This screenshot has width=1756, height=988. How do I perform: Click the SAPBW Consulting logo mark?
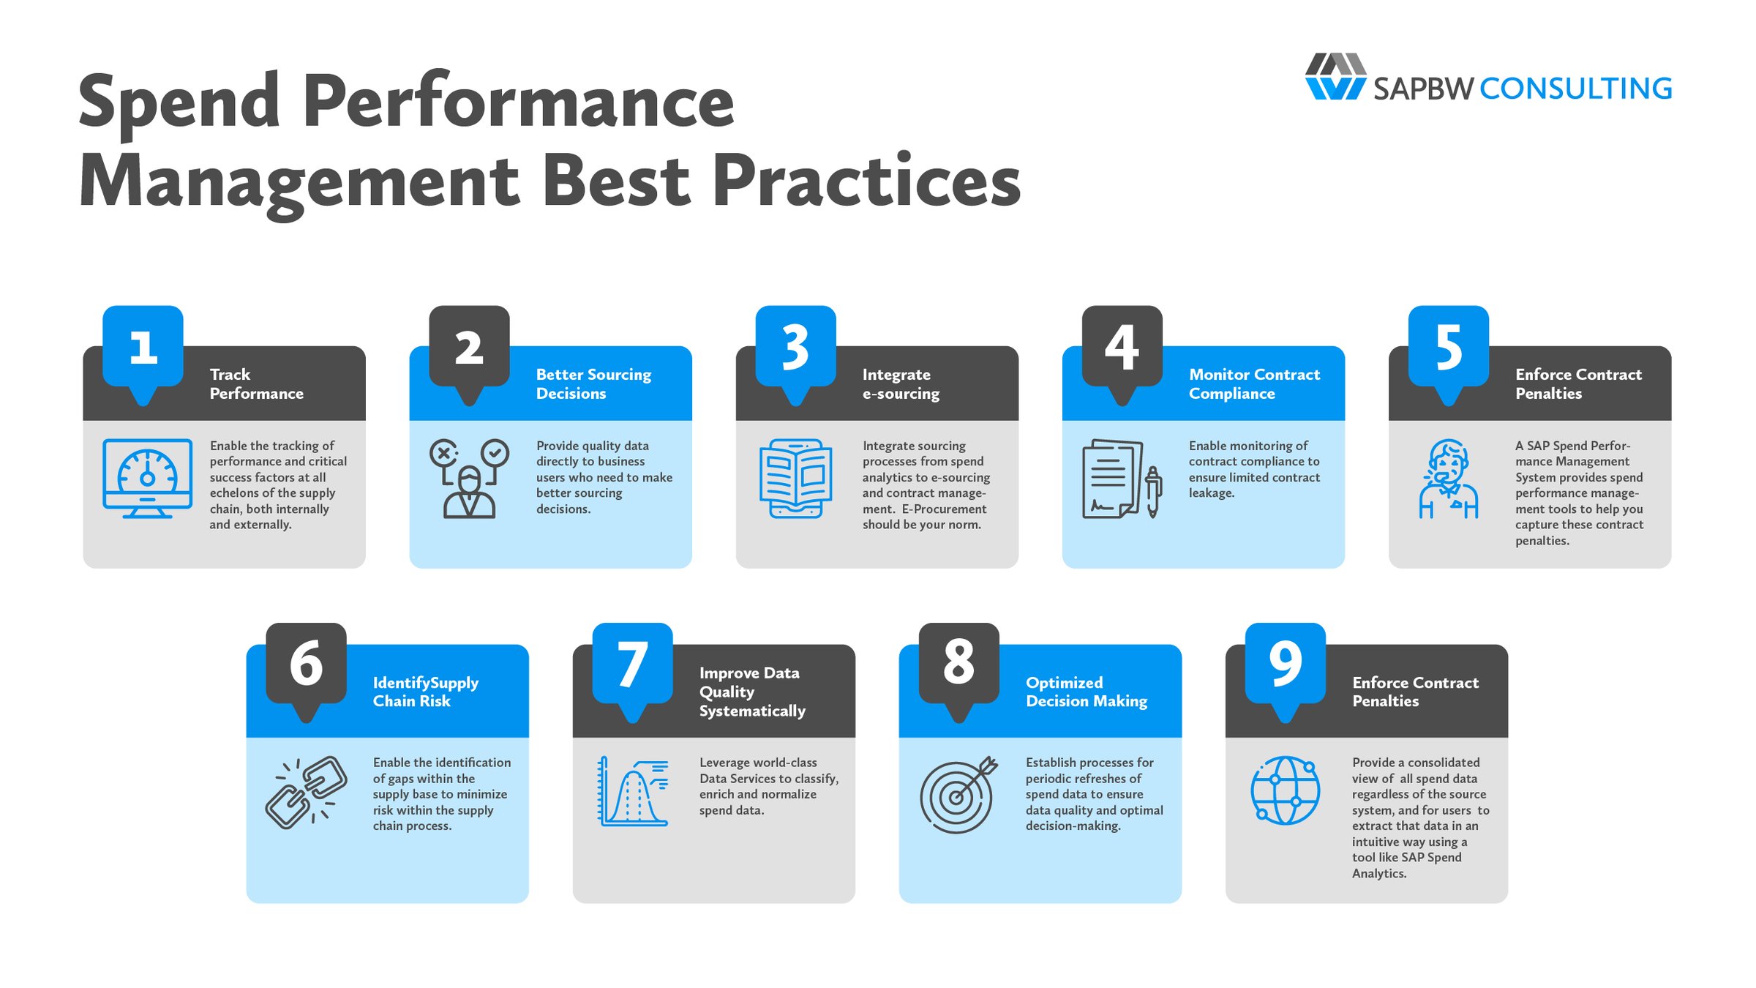pyautogui.click(x=1335, y=76)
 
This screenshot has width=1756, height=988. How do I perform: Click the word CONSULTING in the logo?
pyautogui.click(x=1575, y=89)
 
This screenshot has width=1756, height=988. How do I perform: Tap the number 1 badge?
pyautogui.click(x=143, y=347)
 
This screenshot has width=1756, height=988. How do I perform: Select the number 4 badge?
pyautogui.click(x=1122, y=347)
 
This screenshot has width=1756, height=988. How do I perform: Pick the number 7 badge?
pyautogui.click(x=632, y=664)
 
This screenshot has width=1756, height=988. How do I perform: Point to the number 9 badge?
pyautogui.click(x=1285, y=664)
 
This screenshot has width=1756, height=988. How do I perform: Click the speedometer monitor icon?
pyautogui.click(x=148, y=478)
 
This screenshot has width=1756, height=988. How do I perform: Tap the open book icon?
pyautogui.click(x=795, y=478)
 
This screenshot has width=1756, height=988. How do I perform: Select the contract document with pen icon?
pyautogui.click(x=1120, y=479)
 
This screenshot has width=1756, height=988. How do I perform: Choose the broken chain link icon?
pyautogui.click(x=306, y=793)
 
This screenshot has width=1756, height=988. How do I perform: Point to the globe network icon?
pyautogui.click(x=1285, y=790)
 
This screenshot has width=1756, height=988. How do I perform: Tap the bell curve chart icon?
pyautogui.click(x=633, y=792)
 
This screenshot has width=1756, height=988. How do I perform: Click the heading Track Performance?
pyautogui.click(x=256, y=384)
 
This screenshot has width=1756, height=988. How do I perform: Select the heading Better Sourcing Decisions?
pyautogui.click(x=593, y=384)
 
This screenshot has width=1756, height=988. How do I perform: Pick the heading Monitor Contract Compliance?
pyautogui.click(x=1254, y=384)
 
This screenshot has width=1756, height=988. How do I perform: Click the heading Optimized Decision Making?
pyautogui.click(x=1086, y=692)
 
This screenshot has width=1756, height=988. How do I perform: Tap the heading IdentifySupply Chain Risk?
pyautogui.click(x=425, y=692)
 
